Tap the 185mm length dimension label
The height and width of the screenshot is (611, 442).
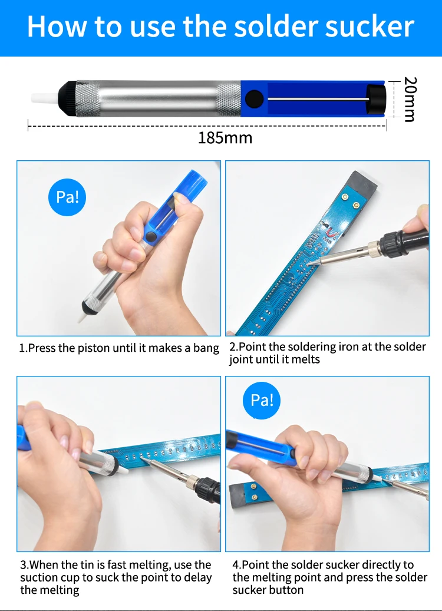(225, 138)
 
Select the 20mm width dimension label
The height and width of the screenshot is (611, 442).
(410, 99)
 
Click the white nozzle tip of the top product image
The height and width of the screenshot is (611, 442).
(44, 98)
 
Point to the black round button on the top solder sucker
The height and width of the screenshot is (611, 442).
(254, 98)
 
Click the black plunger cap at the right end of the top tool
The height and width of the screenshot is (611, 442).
(377, 98)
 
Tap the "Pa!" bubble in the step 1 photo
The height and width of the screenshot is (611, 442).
(67, 197)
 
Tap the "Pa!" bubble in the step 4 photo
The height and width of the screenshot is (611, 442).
(262, 400)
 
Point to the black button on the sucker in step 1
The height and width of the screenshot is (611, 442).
(150, 236)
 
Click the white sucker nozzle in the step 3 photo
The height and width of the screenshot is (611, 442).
(122, 468)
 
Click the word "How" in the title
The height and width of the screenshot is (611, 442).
(58, 27)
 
